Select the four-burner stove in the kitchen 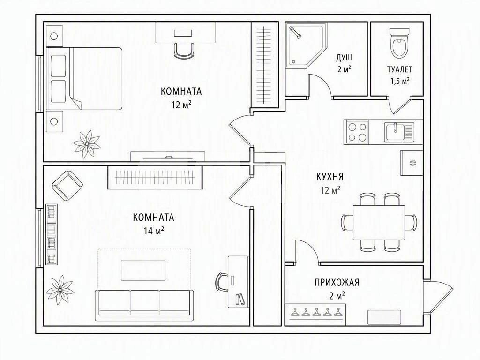click(356, 132)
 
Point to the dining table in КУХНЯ click(379, 223)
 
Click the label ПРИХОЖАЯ click(337, 282)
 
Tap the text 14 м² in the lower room click(154, 230)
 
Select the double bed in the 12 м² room click(84, 79)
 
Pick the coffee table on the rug click(143, 270)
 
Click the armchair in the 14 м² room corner click(67, 186)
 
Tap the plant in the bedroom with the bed click(87, 144)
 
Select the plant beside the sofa click(60, 290)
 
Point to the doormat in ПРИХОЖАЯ click(384, 317)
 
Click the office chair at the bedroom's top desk click(185, 50)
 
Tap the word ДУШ click(344, 58)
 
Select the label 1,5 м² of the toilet click(399, 81)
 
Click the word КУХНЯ click(330, 177)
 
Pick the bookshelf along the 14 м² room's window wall click(52, 234)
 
